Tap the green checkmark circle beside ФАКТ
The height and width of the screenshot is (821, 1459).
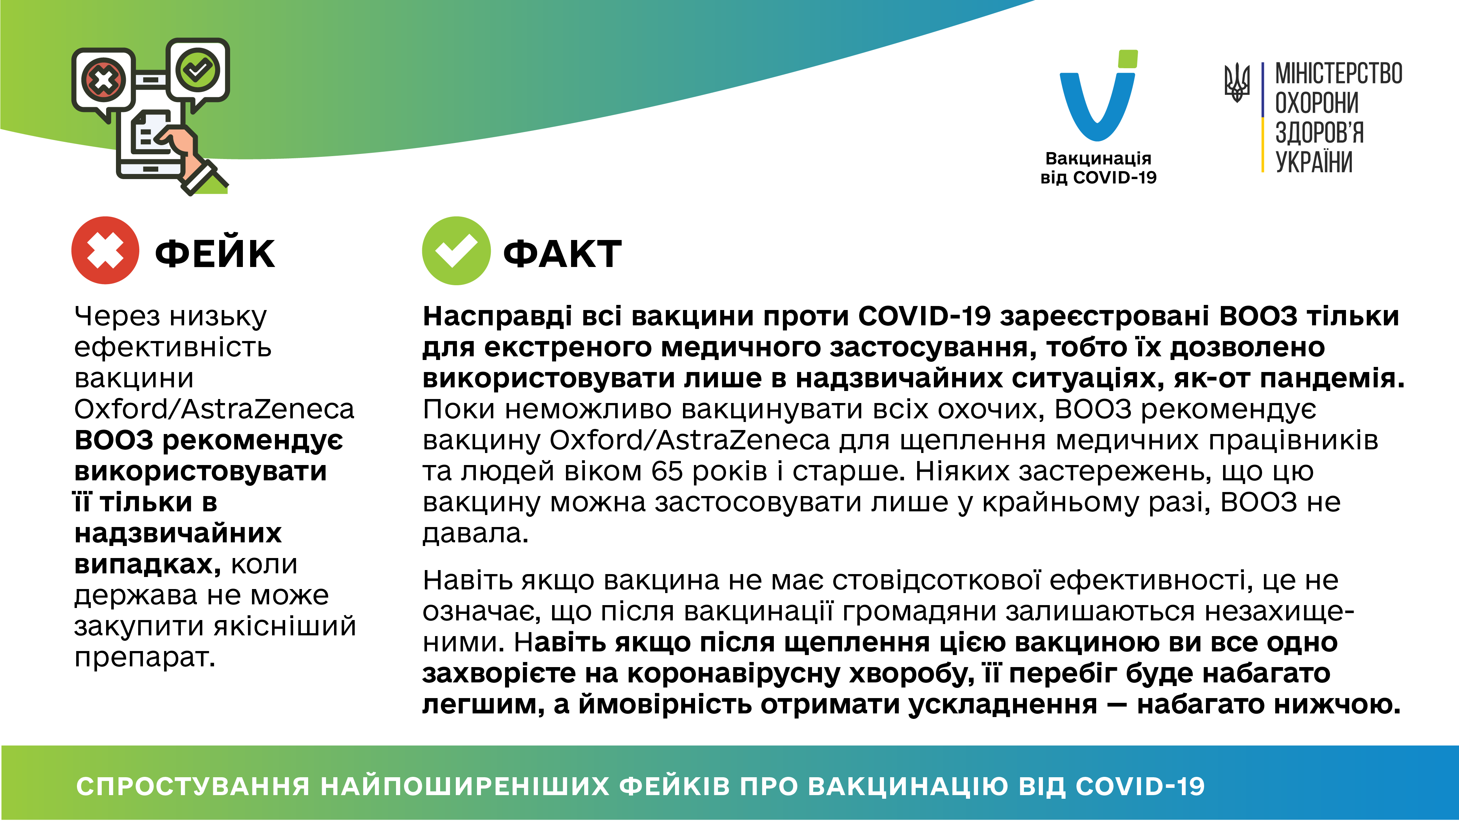pos(456,251)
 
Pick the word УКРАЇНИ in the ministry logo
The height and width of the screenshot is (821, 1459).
pos(1314,162)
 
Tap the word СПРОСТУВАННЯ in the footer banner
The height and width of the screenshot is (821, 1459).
pos(193,786)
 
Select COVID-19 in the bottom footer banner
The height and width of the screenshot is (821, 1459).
pos(1140,786)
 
